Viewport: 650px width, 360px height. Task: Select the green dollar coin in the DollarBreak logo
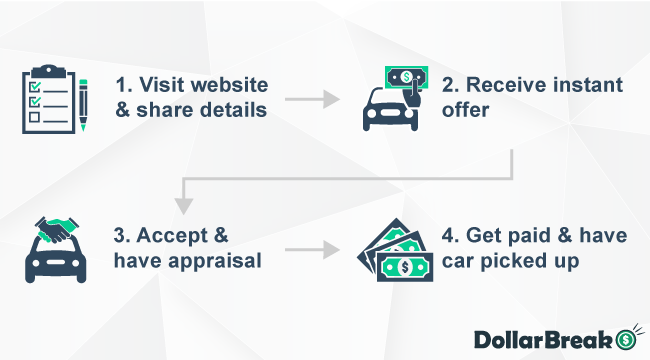tap(626, 338)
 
